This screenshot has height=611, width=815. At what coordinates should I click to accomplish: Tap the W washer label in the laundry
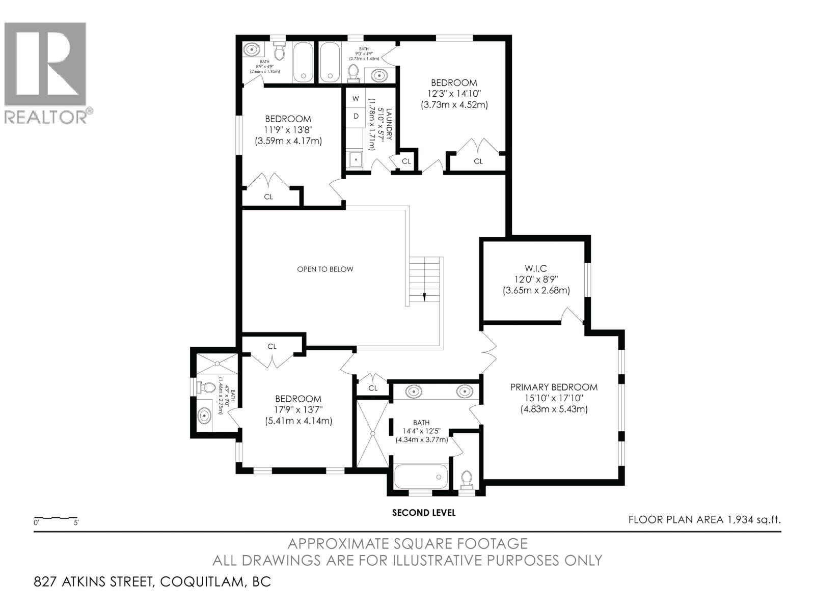(356, 98)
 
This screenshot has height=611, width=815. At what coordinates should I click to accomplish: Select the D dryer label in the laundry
(356, 116)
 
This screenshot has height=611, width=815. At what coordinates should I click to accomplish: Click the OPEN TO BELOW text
(325, 269)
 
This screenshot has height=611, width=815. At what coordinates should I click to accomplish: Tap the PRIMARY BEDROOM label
(554, 387)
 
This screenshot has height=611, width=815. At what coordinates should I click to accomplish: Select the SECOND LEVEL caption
(424, 513)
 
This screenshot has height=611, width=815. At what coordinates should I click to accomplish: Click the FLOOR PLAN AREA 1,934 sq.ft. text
(704, 520)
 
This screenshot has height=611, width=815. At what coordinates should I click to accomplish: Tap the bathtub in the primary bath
(421, 476)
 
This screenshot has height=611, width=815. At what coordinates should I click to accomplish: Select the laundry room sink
(355, 159)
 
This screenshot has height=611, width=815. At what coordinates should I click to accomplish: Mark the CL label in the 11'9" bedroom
(268, 197)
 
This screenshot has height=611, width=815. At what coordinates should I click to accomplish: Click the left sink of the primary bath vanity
(413, 392)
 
